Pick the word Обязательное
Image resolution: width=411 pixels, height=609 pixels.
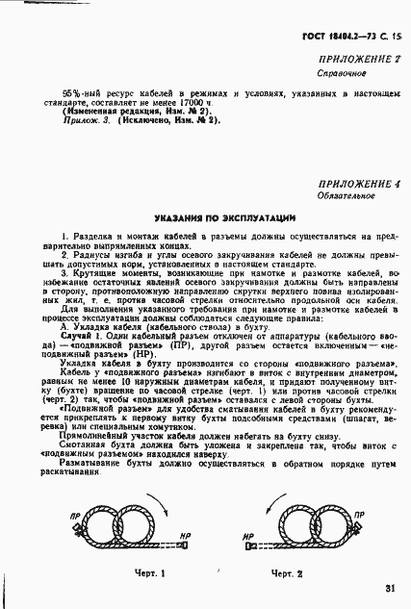[345, 196]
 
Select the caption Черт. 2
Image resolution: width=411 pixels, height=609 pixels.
[287, 573]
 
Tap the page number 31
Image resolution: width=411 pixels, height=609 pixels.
[389, 589]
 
